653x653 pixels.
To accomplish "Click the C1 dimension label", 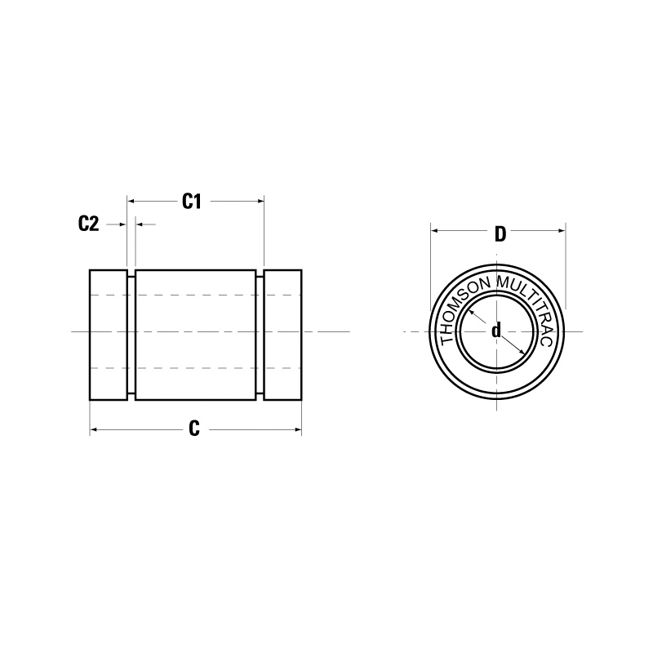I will point(191,201).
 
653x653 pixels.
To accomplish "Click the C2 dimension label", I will point(88,224).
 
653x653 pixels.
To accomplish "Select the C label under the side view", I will point(194,429).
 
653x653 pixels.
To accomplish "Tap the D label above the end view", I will point(500,234).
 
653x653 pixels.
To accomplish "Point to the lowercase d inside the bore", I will point(495,331).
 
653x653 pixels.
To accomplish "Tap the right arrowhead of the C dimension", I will point(297,429).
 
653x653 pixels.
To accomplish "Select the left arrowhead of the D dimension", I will point(435,232).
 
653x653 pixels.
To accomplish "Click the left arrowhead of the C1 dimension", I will point(132,199).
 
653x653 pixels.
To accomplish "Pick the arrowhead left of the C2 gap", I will point(123,223).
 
